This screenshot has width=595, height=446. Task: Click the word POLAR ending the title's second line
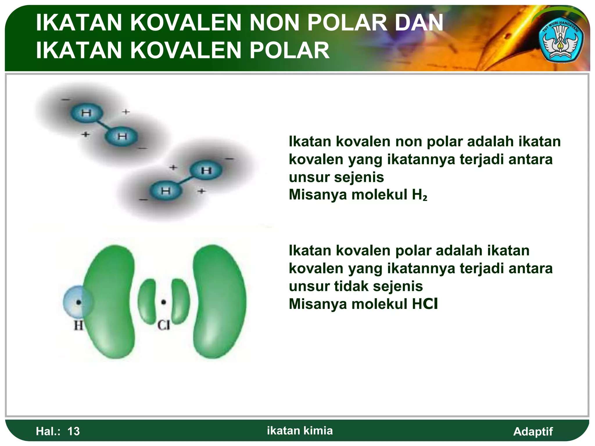tap(289, 50)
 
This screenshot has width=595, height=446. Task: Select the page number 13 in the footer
tap(74, 431)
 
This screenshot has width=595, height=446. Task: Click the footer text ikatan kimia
tap(300, 430)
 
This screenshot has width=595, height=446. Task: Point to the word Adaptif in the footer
tap(533, 431)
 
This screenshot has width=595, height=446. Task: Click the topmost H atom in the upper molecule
tap(87, 113)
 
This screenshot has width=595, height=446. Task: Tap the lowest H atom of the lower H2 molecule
tap(166, 191)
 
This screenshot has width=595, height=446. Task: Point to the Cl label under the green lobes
tap(164, 325)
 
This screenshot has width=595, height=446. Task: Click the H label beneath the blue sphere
tap(78, 325)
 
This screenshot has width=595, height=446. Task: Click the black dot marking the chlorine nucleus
tap(164, 302)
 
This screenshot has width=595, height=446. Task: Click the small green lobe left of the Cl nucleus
tap(147, 301)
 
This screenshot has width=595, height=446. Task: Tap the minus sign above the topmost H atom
tap(66, 100)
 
